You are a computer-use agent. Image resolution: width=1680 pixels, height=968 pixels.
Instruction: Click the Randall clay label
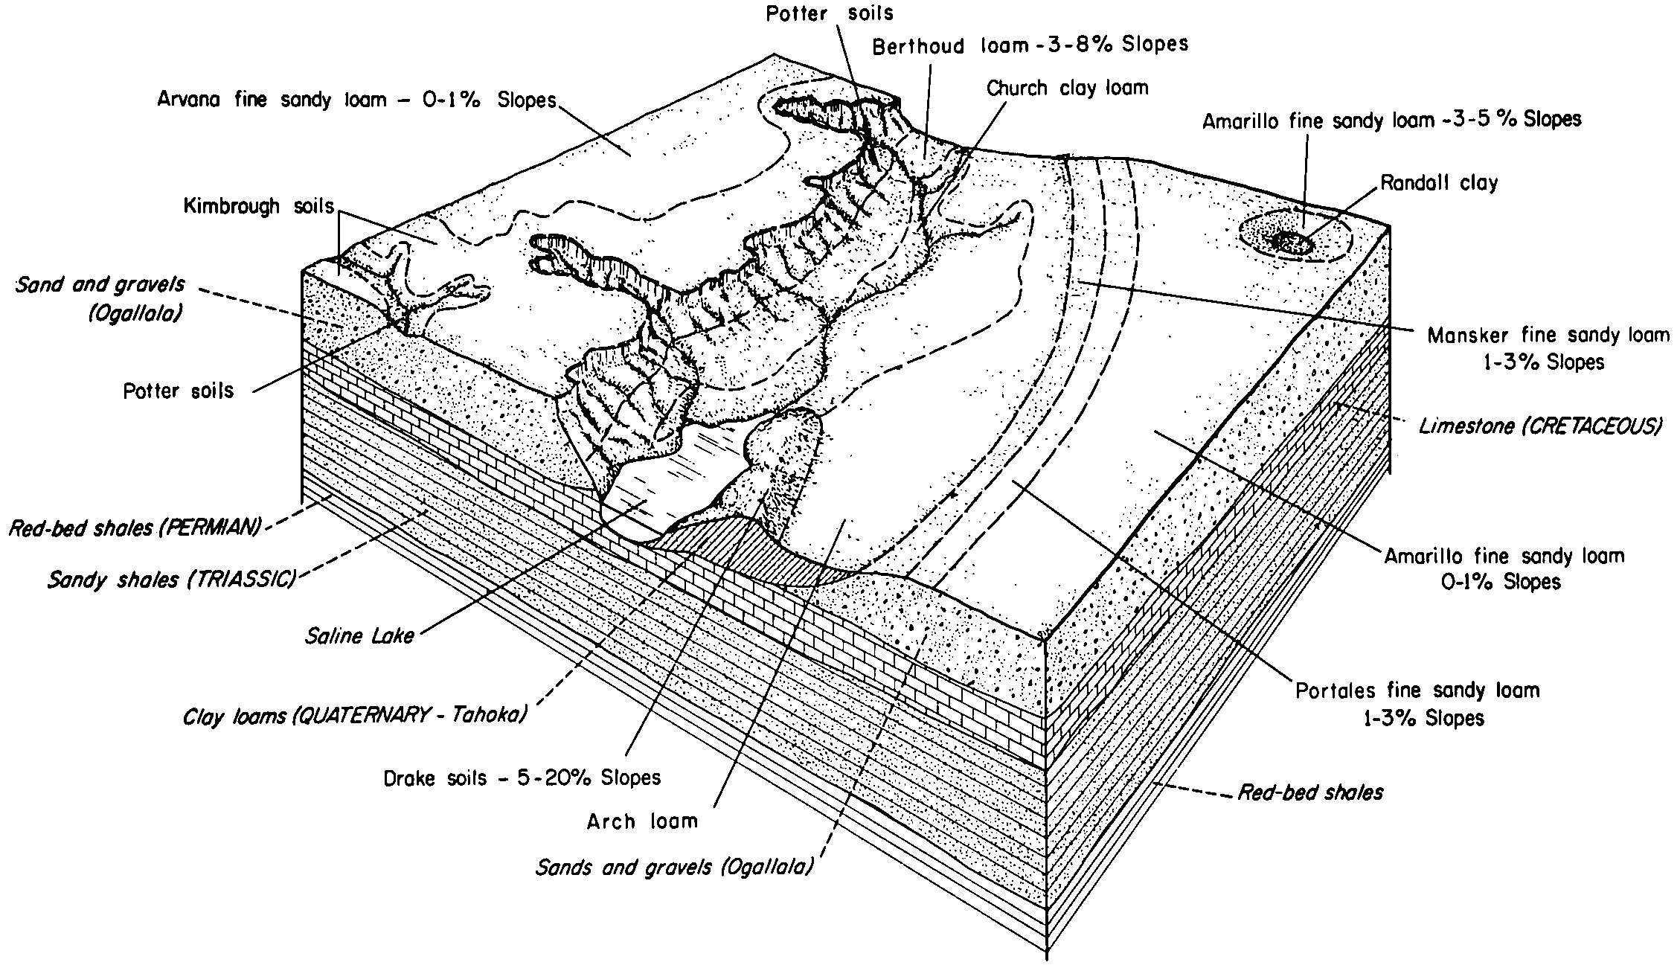click(1439, 183)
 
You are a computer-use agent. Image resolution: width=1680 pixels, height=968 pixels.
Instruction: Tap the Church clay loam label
click(1067, 88)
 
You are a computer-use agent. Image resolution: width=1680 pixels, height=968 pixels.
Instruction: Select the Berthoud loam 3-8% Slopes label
click(1030, 45)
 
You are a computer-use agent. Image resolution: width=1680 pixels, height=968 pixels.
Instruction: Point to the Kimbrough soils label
click(259, 206)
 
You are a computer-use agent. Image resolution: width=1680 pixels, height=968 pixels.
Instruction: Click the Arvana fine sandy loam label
click(356, 100)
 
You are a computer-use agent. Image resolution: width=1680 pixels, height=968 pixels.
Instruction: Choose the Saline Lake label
click(359, 636)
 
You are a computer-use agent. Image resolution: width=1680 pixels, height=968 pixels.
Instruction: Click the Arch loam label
click(642, 821)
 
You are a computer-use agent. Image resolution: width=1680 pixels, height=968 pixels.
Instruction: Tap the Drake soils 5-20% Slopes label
click(522, 778)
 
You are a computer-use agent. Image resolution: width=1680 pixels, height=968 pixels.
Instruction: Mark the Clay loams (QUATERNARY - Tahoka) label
click(356, 716)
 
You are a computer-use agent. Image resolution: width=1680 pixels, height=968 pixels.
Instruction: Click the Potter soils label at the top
click(830, 13)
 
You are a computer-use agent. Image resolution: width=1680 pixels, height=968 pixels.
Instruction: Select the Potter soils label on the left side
click(179, 391)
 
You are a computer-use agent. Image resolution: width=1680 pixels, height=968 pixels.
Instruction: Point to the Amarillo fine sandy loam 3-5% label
click(1391, 119)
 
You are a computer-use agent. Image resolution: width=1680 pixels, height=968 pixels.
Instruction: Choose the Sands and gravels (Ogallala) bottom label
click(675, 867)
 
